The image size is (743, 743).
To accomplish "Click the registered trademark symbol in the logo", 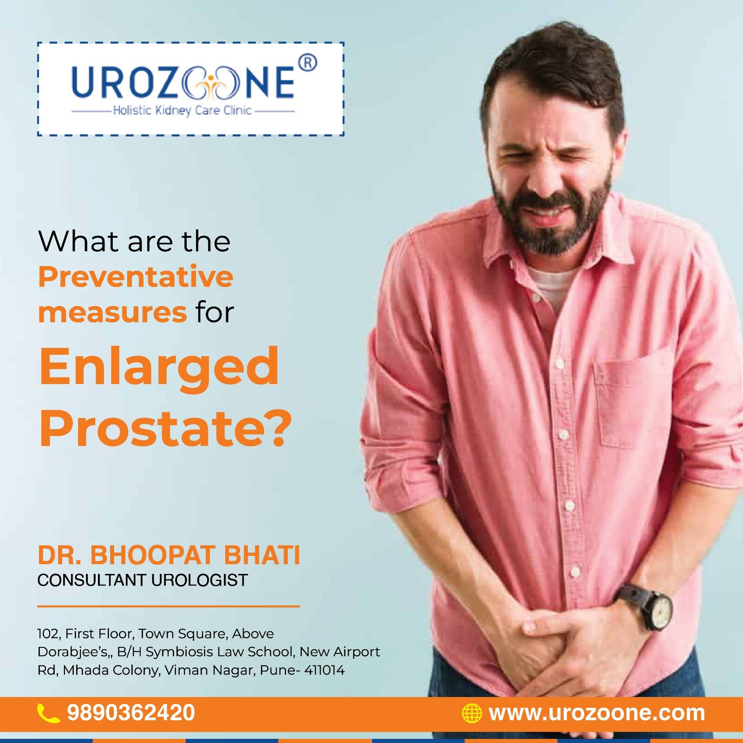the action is pyautogui.click(x=307, y=63).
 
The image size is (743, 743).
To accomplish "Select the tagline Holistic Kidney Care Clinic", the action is pyautogui.click(x=182, y=111).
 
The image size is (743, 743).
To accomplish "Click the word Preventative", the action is pyautogui.click(x=136, y=277).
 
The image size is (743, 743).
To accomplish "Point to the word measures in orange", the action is pyautogui.click(x=112, y=313).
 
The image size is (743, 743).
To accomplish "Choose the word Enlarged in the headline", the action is pyautogui.click(x=159, y=366).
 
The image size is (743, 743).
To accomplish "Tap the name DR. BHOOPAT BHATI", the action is pyautogui.click(x=169, y=555).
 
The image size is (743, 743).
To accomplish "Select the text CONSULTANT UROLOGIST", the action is pyautogui.click(x=143, y=580).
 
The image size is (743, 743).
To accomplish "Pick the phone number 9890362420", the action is pyautogui.click(x=131, y=713).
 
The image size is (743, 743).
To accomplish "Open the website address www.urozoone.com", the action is pyautogui.click(x=597, y=713).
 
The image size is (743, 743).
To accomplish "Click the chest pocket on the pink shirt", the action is pyautogui.click(x=634, y=399).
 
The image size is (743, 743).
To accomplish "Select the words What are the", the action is pyautogui.click(x=134, y=241).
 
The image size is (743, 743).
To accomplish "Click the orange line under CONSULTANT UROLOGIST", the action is pyautogui.click(x=169, y=606).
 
